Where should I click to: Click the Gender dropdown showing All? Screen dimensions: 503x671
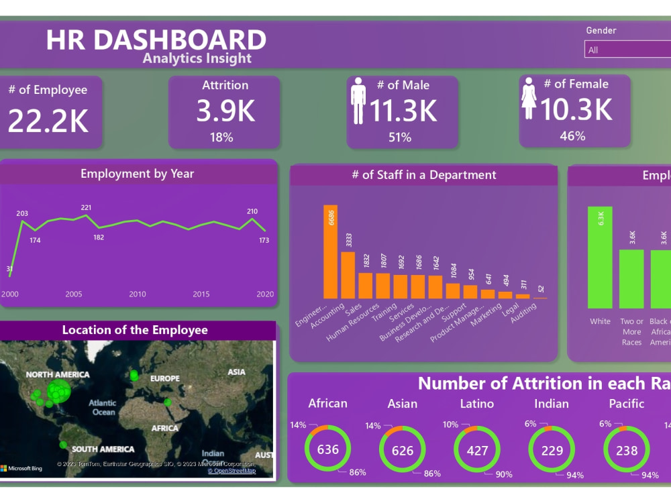[627, 50]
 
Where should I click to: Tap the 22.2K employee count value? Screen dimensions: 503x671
[48, 120]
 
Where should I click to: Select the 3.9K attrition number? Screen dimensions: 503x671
[225, 111]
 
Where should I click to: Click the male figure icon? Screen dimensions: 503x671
[358, 100]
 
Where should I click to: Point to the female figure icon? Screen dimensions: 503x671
[529, 98]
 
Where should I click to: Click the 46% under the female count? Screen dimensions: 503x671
[572, 136]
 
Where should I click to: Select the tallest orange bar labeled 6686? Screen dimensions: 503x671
[330, 251]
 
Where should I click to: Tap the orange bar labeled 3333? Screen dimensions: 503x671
[348, 274]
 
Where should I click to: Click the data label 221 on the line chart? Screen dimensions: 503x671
[86, 208]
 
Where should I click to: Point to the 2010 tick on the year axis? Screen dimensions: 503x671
[138, 294]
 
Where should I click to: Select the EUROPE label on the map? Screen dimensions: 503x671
[164, 378]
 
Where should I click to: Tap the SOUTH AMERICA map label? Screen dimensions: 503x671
[103, 449]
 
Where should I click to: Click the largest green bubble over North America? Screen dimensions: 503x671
[60, 390]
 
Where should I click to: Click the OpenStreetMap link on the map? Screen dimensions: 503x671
[231, 471]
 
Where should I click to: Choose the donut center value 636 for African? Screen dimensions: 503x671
[328, 449]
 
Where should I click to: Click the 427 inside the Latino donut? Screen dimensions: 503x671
[477, 451]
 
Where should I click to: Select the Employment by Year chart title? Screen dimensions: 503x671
[137, 174]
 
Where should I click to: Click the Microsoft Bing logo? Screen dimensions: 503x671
[21, 468]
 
